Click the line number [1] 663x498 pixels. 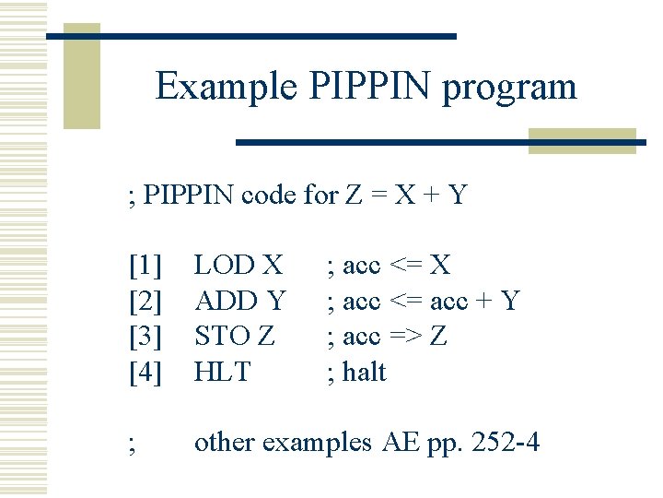coord(145,266)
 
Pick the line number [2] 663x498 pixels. coord(145,301)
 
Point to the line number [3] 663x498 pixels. coord(145,336)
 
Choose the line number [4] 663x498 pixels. coord(145,372)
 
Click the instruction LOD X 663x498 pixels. coord(238,266)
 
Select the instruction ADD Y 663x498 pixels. coord(240,301)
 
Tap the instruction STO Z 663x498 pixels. coord(235,336)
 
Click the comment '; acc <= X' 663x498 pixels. coord(390,266)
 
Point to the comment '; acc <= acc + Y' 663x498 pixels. coord(424,301)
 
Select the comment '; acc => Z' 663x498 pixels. coord(388,336)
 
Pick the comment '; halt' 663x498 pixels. coord(357,372)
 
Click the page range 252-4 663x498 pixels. coord(506,443)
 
